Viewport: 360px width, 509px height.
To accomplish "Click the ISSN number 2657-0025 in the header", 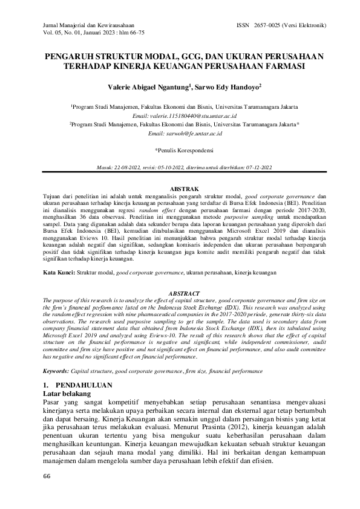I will coord(276,26).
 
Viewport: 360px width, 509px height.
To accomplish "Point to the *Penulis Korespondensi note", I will coord(180,150).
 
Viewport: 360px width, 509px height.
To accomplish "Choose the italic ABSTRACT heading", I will coord(180,292).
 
